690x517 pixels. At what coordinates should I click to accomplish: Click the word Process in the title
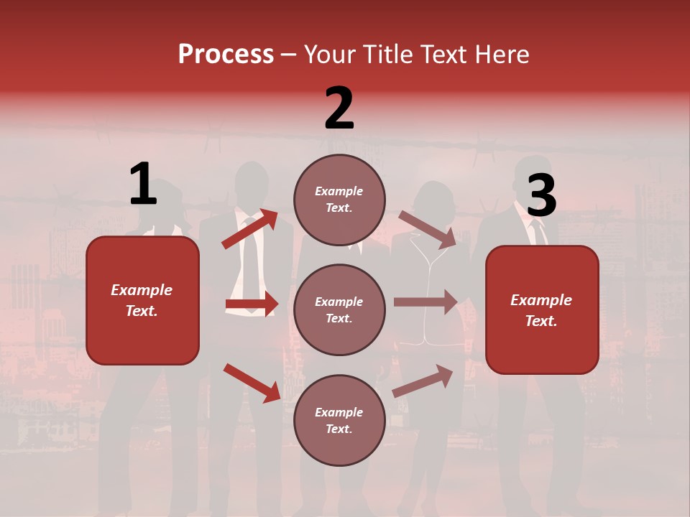(226, 55)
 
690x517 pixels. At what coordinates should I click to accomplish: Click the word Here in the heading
(502, 55)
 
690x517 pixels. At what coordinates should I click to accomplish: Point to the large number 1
(143, 185)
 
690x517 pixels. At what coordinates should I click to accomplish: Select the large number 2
(339, 108)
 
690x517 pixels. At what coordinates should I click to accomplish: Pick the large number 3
(541, 196)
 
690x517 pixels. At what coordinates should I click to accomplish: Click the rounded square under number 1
(142, 300)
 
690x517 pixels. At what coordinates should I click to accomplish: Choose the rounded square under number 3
(542, 309)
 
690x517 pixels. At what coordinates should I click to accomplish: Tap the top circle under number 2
(339, 200)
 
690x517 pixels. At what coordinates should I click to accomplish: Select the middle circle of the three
(339, 309)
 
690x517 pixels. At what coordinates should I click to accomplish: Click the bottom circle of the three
(339, 420)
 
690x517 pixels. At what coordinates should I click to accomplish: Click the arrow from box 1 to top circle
(250, 229)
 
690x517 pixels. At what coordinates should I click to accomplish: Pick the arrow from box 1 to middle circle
(252, 304)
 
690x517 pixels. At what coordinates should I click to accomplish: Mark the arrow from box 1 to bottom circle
(252, 383)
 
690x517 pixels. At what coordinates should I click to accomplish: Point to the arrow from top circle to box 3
(428, 229)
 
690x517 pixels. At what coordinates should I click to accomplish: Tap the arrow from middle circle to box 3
(425, 302)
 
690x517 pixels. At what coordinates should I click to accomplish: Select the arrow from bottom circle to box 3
(423, 381)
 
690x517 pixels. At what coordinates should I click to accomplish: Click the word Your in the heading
(329, 55)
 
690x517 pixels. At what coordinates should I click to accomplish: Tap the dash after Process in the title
(288, 55)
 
